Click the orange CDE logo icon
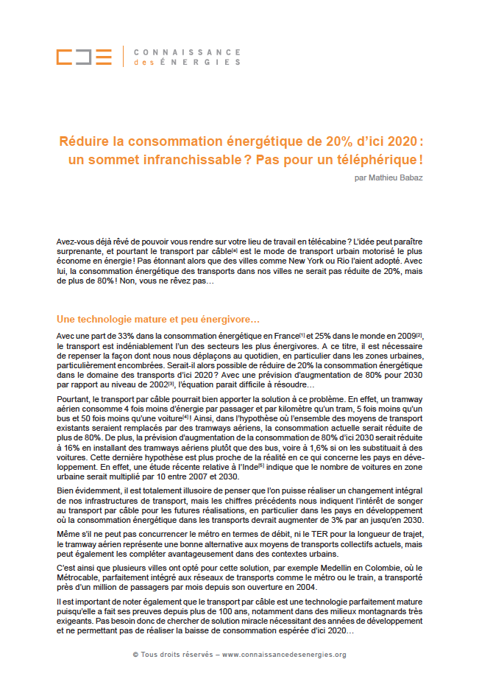[84, 57]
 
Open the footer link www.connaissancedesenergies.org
[284, 654]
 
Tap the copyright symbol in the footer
[136, 654]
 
